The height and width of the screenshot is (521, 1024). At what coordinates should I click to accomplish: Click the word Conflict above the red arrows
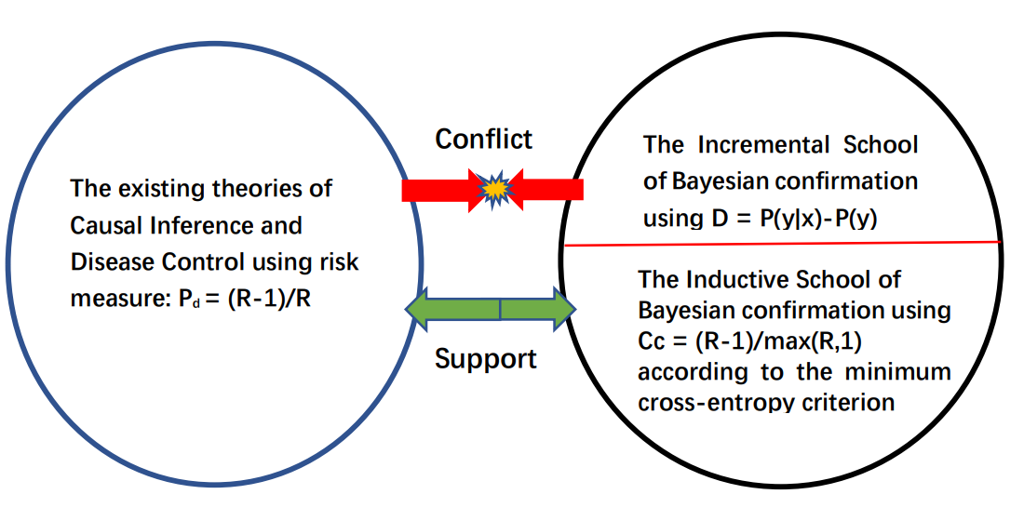coord(484,140)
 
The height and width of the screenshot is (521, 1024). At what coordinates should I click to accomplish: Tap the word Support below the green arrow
coord(485,358)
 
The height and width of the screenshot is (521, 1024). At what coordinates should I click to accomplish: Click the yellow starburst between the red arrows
coord(494,190)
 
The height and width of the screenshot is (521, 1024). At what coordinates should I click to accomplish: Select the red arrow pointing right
coord(438,190)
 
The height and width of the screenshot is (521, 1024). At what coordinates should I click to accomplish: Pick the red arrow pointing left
coord(549,190)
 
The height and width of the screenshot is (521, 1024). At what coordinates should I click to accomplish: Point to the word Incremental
coord(760,146)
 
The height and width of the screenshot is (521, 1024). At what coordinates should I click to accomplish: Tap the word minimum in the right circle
coord(898,372)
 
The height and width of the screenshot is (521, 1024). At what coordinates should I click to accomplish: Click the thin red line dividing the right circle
coord(782,244)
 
